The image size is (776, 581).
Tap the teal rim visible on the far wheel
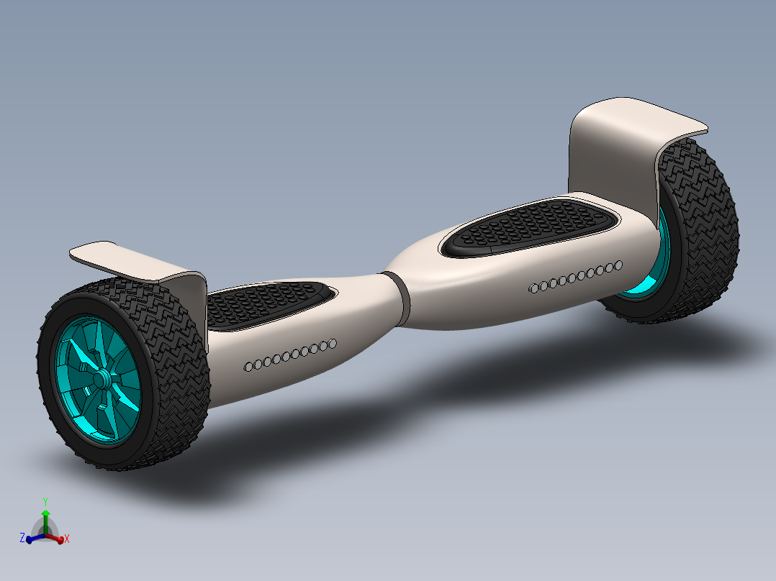click(x=651, y=277)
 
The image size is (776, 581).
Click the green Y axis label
click(x=45, y=500)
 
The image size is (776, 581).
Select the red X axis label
click(x=66, y=538)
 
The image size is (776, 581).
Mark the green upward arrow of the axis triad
click(x=45, y=516)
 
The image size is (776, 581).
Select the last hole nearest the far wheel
click(x=618, y=265)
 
